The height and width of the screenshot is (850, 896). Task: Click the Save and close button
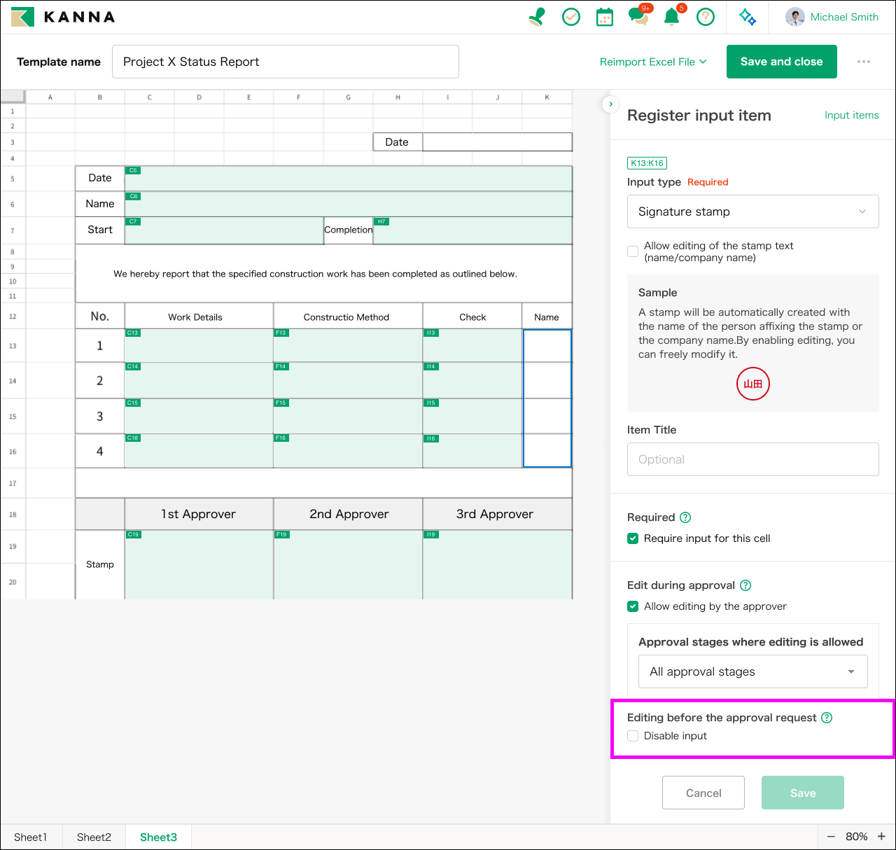click(781, 62)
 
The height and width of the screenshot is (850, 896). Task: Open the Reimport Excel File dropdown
click(652, 62)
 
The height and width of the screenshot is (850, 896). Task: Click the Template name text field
click(286, 62)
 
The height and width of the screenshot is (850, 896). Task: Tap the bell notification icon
click(671, 17)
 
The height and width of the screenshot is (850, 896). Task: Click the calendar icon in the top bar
click(604, 18)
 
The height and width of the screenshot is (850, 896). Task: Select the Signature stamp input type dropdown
click(752, 211)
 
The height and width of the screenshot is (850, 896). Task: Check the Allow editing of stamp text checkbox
click(633, 251)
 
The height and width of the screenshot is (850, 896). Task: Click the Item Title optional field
click(752, 459)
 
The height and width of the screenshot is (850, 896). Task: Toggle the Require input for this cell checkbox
click(633, 538)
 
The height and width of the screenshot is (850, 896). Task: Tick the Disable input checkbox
click(633, 736)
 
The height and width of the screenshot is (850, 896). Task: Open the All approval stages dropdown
click(752, 671)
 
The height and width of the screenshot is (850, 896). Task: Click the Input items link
click(851, 116)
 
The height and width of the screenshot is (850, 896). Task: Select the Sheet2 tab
click(94, 837)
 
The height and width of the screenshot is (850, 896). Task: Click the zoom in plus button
click(881, 836)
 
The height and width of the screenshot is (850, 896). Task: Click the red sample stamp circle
click(752, 384)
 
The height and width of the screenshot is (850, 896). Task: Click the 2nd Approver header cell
click(348, 514)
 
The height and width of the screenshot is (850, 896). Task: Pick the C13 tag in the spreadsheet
click(132, 333)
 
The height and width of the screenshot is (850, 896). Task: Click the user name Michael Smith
click(844, 17)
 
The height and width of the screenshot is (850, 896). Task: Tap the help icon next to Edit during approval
click(745, 585)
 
